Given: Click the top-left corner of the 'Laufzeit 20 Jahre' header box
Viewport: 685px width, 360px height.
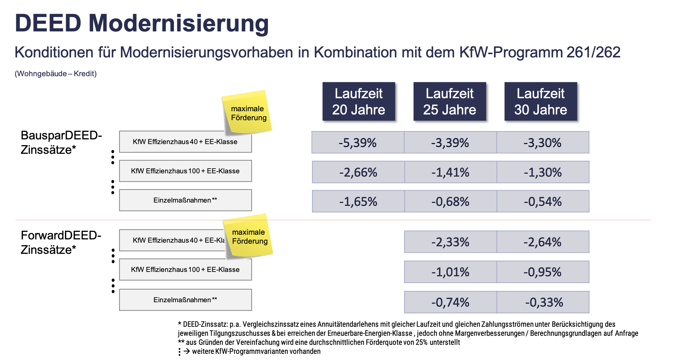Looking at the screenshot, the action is pyautogui.click(x=322, y=82).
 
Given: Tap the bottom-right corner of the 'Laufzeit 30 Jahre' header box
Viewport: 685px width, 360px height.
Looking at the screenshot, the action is pyautogui.click(x=577, y=121).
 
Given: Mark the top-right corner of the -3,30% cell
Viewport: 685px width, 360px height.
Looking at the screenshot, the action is pyautogui.click(x=589, y=132).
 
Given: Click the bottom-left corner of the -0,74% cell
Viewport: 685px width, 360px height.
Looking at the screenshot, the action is pyautogui.click(x=404, y=313).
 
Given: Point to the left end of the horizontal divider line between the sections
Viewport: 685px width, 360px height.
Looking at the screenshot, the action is pyautogui.click(x=16, y=220).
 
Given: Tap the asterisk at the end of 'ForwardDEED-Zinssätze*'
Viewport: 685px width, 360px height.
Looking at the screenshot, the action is pyautogui.click(x=74, y=248).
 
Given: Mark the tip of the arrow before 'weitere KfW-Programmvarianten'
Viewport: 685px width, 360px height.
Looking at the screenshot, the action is pyautogui.click(x=190, y=351).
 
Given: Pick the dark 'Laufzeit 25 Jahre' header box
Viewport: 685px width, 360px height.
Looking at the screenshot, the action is pyautogui.click(x=450, y=101).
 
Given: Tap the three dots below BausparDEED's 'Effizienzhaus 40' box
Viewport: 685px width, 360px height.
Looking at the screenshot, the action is pyautogui.click(x=113, y=157).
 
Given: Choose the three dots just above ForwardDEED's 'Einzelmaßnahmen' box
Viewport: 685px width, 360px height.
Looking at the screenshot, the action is pyautogui.click(x=113, y=286).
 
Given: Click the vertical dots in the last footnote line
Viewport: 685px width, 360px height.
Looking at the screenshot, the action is pyautogui.click(x=179, y=352).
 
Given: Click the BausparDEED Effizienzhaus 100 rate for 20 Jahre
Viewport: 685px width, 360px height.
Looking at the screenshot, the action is pyautogui.click(x=358, y=172).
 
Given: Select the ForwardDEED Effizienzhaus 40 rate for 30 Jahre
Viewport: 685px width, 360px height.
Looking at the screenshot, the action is pyautogui.click(x=543, y=242).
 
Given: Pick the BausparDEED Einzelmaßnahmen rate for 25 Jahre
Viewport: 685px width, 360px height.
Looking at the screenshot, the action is pyautogui.click(x=451, y=201).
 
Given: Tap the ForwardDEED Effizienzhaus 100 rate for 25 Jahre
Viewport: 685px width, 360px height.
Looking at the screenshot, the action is pyautogui.click(x=451, y=272).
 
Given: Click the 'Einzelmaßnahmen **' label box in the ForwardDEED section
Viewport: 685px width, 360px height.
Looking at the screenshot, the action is pyautogui.click(x=186, y=300).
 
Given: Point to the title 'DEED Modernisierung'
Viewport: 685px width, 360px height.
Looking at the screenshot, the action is pyautogui.click(x=142, y=23).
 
